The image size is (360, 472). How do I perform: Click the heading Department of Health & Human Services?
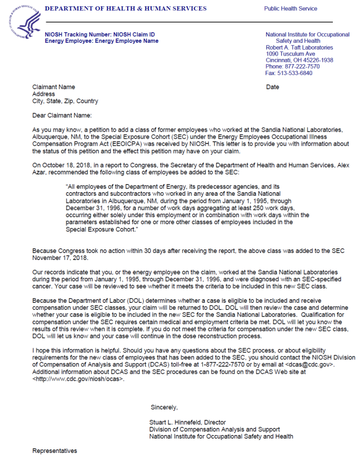[125, 9]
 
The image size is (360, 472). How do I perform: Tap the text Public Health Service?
[291, 9]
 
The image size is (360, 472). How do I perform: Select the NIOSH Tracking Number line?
[99, 35]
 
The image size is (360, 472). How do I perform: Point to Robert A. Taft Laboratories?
[299, 47]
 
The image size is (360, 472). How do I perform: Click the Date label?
[273, 87]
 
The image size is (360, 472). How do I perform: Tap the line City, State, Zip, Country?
[65, 101]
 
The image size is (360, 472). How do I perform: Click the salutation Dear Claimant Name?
[66, 115]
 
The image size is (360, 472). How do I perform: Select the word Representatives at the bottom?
[54, 451]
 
